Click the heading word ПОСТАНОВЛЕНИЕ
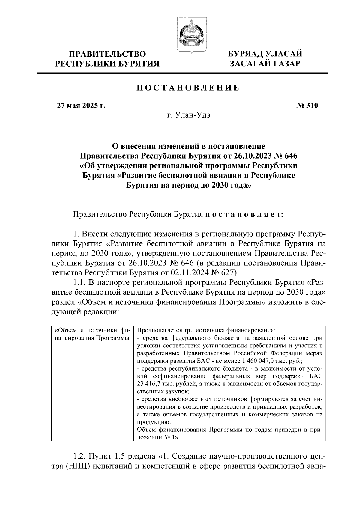pos(188,88)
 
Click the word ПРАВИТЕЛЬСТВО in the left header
pos(108,54)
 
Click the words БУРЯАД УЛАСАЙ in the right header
pos(265,54)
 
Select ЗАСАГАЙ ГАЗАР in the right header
pos(265,64)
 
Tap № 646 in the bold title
pos(286,156)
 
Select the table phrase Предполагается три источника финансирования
pos(206,330)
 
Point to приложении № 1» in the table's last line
pos(157,437)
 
